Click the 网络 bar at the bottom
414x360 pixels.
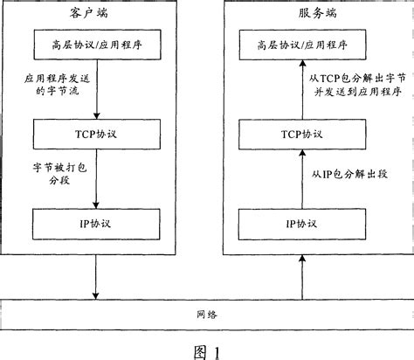tap(206, 312)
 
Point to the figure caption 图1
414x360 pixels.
tap(206, 349)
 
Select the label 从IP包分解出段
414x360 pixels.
tap(349, 175)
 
